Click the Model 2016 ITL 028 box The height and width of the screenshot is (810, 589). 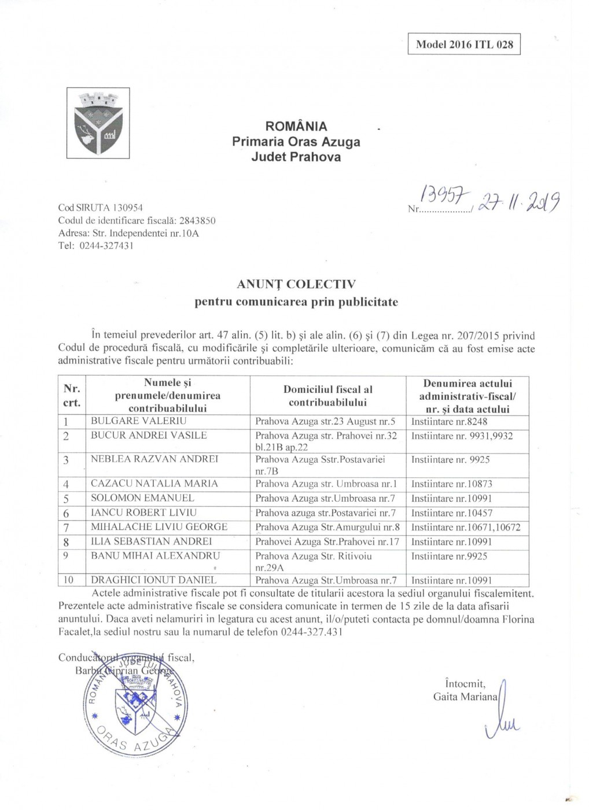click(464, 45)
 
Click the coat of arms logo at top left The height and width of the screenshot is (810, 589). click(98, 123)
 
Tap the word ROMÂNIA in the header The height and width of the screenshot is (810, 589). click(296, 126)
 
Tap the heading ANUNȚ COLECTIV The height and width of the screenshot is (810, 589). click(296, 284)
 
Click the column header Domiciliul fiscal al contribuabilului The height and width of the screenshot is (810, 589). click(328, 396)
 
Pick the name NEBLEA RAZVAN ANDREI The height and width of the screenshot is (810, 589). click(154, 459)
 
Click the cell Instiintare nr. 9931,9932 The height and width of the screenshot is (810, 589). click(462, 436)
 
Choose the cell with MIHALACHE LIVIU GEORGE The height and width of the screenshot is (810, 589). click(159, 527)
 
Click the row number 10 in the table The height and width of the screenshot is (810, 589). click(68, 580)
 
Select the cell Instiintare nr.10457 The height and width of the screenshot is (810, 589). click(452, 513)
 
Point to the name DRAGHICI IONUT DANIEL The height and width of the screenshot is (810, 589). click(154, 580)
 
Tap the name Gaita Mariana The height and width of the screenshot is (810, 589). click(465, 697)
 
